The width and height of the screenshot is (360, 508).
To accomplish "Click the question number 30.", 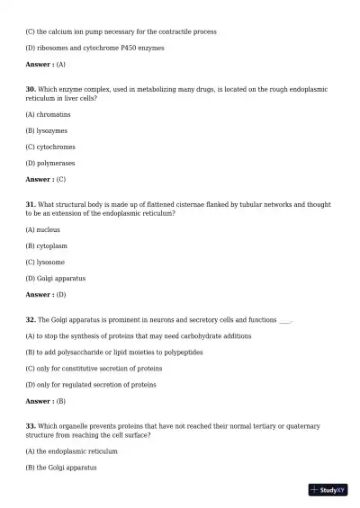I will click(31, 90).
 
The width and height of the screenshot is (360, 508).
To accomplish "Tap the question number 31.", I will click(31, 205).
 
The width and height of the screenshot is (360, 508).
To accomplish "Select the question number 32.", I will click(31, 319).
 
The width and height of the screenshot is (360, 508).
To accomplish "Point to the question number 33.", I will click(31, 426).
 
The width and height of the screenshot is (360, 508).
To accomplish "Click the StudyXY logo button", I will click(328, 490).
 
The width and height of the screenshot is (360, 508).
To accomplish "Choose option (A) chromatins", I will click(49, 114).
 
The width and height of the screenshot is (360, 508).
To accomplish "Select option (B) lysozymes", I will click(47, 130).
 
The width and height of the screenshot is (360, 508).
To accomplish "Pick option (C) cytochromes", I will click(50, 147).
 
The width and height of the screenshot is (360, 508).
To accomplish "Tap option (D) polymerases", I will click(50, 163).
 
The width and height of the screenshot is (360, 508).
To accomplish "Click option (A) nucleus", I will click(43, 229).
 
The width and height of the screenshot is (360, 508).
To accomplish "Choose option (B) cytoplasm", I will click(47, 245).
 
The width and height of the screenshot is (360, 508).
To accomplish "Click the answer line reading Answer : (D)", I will click(46, 294).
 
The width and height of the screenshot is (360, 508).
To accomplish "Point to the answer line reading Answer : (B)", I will click(46, 401).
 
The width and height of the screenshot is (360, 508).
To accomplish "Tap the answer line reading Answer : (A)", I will click(46, 65).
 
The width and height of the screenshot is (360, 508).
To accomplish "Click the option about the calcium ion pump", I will click(121, 31).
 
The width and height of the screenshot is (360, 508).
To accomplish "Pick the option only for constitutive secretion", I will click(94, 369).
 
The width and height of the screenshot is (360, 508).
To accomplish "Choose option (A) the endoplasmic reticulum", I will click(72, 451).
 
